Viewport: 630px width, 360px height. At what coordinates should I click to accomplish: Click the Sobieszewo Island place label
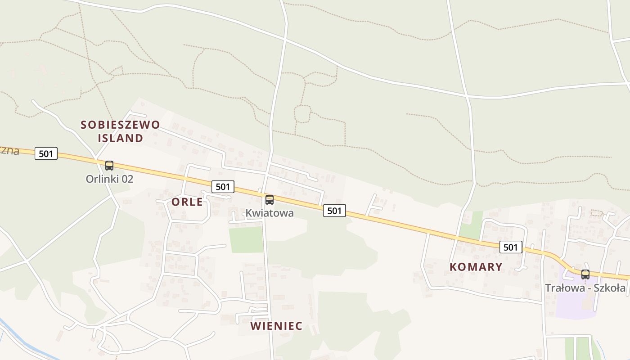[120, 131]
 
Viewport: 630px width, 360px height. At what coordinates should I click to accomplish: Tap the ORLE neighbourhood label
[187, 202]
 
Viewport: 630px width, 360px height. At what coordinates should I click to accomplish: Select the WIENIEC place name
[276, 326]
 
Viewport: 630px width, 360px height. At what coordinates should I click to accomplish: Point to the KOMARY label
[476, 267]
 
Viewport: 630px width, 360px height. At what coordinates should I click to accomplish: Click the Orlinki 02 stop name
[109, 179]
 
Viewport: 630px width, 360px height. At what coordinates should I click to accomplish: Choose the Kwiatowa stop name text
[270, 213]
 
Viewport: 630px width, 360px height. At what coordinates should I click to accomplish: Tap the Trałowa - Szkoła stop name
[585, 288]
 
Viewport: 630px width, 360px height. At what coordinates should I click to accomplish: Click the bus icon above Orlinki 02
[109, 166]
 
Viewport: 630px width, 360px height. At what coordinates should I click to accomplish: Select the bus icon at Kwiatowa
[270, 200]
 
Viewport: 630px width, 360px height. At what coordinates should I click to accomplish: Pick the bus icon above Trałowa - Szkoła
[585, 274]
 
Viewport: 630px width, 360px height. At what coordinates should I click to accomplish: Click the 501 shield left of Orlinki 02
[46, 153]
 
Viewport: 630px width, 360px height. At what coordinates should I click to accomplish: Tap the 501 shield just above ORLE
[223, 187]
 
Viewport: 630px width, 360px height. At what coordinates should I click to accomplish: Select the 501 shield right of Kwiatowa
[334, 210]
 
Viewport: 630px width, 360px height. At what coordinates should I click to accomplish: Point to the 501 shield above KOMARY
[511, 247]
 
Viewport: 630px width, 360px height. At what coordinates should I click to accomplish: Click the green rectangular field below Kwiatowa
[246, 240]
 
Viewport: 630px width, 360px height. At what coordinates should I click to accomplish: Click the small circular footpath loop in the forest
[302, 113]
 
